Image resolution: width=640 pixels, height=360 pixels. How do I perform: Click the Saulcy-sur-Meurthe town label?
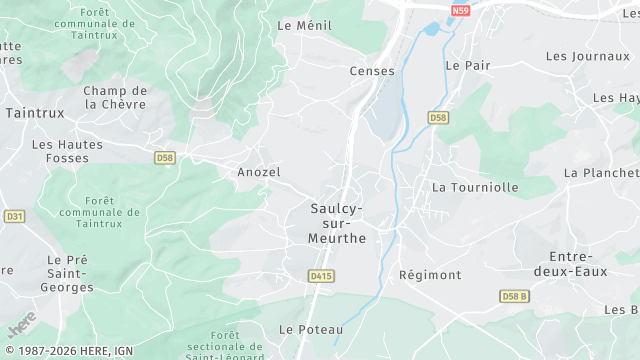[x=338, y=223]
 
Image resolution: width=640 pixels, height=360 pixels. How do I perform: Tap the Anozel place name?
[x=259, y=172]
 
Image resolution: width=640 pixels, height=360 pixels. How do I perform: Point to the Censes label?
[x=372, y=71]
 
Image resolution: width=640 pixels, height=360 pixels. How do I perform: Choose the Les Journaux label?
[x=588, y=56]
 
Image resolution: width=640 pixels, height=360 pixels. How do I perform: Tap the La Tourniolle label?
[x=475, y=187]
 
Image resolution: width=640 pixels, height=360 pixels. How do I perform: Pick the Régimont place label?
[x=430, y=275]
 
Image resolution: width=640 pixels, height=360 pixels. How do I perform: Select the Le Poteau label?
[x=311, y=329]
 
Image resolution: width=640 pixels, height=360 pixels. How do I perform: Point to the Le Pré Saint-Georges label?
[x=68, y=273]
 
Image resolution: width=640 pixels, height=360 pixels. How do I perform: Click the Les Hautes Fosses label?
[x=67, y=151]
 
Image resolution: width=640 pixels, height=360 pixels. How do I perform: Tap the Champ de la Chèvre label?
[x=115, y=97]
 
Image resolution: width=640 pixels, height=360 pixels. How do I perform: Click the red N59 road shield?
[x=460, y=10]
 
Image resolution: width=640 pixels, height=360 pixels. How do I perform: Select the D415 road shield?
[x=321, y=276]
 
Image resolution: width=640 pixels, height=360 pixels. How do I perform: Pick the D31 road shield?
[x=14, y=216]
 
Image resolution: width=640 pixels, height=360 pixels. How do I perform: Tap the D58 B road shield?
[x=514, y=297]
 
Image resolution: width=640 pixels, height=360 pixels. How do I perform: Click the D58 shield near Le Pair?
[x=438, y=117]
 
